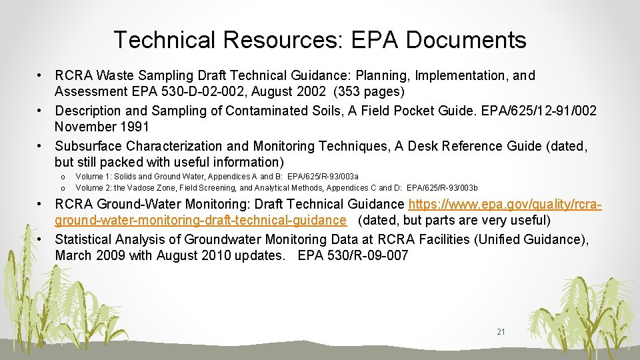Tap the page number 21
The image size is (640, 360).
click(x=501, y=331)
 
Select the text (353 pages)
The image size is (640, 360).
click(x=377, y=91)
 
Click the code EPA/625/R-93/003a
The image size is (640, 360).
click(x=323, y=177)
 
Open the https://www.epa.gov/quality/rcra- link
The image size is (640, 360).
click(x=505, y=204)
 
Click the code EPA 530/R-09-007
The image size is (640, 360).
click(x=353, y=255)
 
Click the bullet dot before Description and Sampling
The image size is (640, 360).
click(x=41, y=111)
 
